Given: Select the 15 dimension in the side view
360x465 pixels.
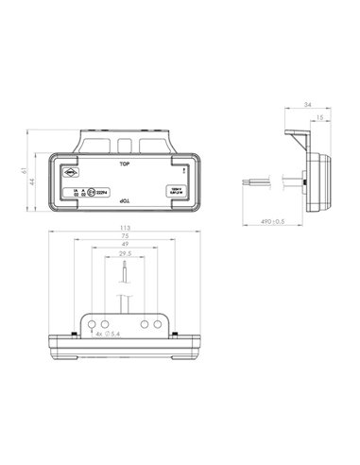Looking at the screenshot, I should click(321, 117).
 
